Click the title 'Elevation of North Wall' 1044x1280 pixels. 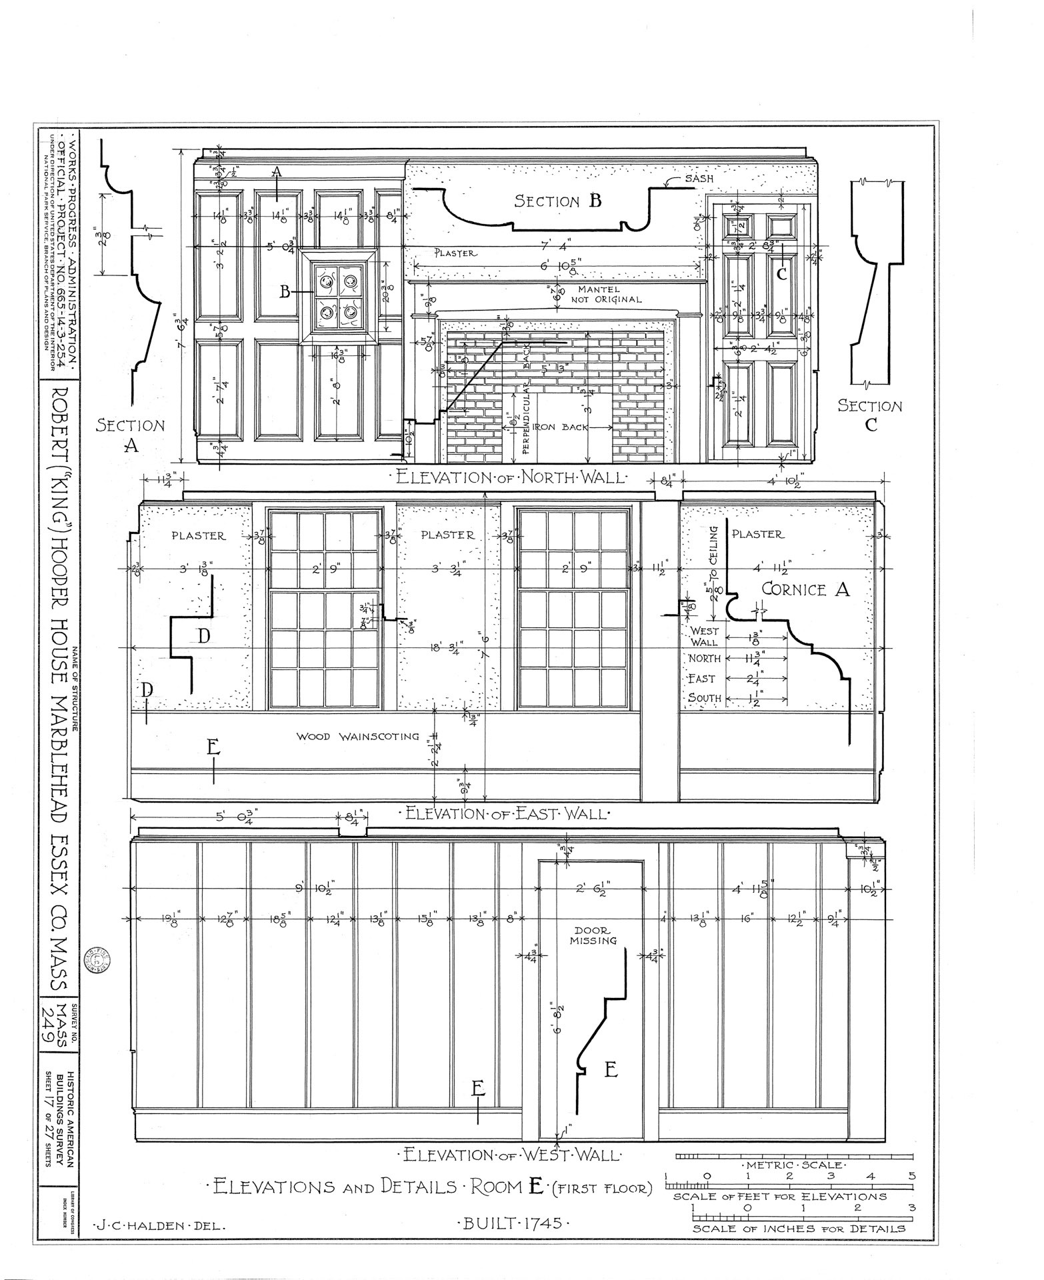tap(511, 477)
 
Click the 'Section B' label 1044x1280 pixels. tap(557, 201)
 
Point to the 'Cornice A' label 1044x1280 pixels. tap(805, 589)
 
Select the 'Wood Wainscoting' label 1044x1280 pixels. tap(358, 737)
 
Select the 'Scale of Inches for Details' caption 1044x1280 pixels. tap(799, 1229)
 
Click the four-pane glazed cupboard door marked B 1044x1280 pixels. tap(338, 297)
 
